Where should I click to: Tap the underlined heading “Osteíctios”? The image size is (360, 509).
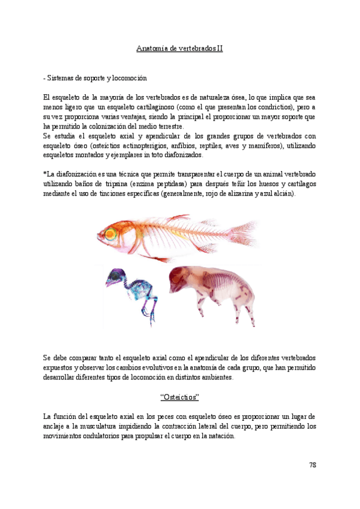tap(179, 397)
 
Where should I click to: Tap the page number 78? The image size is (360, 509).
tap(311, 465)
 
